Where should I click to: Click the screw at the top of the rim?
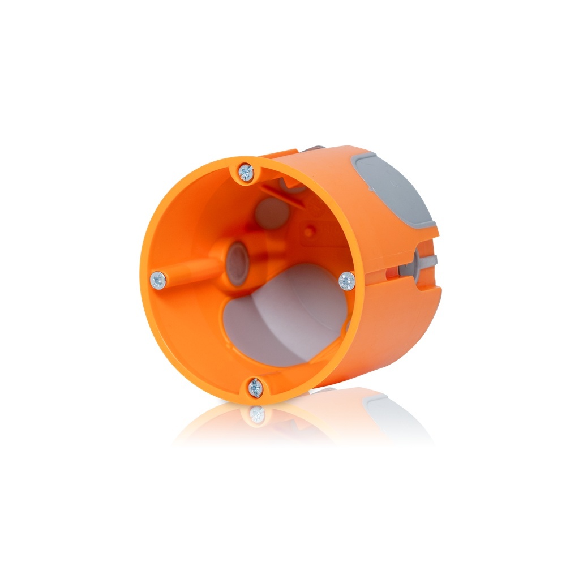(x=246, y=171)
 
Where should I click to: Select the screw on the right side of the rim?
(x=346, y=280)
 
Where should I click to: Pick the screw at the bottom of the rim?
(x=255, y=388)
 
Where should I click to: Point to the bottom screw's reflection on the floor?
(x=258, y=414)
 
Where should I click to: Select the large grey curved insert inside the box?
(x=283, y=317)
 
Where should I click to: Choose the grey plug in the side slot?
(x=419, y=261)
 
